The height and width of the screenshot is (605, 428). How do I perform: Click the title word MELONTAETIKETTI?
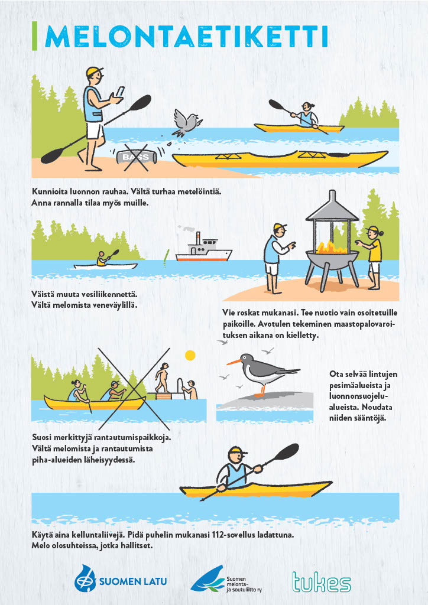[186, 37]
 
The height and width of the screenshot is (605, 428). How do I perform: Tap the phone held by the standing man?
[120, 92]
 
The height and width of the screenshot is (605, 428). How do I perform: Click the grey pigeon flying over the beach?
[185, 123]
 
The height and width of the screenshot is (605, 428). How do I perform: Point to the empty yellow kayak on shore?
[280, 158]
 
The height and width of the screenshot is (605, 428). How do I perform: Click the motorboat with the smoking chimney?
[203, 248]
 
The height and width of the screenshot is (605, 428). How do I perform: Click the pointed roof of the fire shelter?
[332, 206]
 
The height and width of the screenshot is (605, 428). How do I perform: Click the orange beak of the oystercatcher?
[234, 362]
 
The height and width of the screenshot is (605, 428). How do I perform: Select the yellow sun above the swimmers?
[190, 355]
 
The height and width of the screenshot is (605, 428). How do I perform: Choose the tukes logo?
[322, 582]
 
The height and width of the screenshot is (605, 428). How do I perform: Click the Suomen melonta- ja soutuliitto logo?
[226, 579]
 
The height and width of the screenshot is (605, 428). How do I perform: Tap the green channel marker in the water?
[166, 258]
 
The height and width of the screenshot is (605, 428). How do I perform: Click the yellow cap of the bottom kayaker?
[237, 451]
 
